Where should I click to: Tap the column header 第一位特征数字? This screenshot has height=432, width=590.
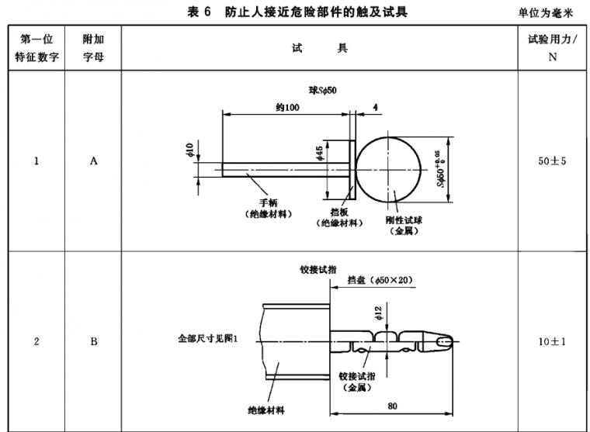coord(36,49)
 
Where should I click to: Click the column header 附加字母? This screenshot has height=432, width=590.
coord(93,49)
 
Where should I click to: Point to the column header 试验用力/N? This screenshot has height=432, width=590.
coord(553,49)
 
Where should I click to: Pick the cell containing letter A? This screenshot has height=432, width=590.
coord(93,162)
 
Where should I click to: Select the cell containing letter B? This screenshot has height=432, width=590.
coord(93,340)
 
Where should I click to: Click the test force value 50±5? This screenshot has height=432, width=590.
coord(553,162)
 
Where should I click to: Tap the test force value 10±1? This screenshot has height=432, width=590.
coord(553,340)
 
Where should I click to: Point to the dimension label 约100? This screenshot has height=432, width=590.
coord(286,107)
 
